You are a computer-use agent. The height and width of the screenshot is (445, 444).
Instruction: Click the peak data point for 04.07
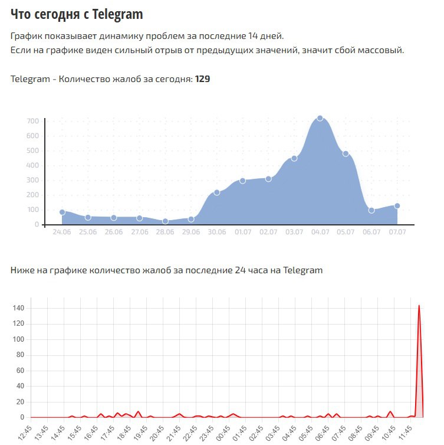(x=320, y=118)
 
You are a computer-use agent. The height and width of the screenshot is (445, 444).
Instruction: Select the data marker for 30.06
(x=217, y=192)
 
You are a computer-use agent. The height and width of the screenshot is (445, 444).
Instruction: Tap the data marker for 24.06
(x=62, y=212)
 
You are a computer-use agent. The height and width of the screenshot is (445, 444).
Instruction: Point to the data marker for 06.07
(x=371, y=210)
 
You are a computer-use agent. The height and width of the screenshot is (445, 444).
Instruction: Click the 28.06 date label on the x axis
(x=165, y=233)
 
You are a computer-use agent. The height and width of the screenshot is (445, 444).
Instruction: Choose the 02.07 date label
(x=268, y=233)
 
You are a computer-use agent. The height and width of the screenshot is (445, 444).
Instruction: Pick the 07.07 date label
(x=397, y=233)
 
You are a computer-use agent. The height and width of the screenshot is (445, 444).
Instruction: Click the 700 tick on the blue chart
(x=32, y=121)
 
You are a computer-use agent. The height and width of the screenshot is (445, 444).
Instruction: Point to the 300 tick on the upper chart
(x=32, y=180)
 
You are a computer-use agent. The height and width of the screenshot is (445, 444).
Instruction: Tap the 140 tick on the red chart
(x=18, y=308)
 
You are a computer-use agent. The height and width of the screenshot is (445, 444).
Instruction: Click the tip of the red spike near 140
(x=419, y=306)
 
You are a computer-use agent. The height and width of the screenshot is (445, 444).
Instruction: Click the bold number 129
(x=203, y=78)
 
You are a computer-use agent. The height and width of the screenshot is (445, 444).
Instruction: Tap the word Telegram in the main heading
(x=117, y=14)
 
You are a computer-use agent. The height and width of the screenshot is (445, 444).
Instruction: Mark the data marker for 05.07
(x=346, y=153)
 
